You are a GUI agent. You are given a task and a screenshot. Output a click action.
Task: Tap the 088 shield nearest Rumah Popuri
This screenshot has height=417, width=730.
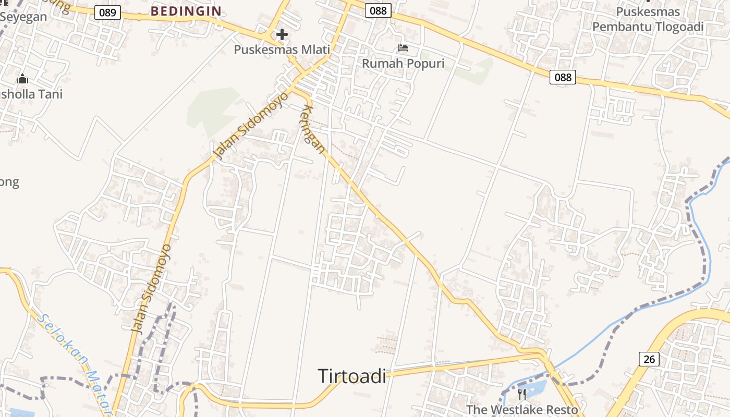378,10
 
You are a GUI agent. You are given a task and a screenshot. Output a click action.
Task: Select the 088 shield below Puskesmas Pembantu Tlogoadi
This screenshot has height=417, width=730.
563,78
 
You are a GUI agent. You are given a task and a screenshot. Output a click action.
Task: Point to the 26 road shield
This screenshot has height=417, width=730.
649,359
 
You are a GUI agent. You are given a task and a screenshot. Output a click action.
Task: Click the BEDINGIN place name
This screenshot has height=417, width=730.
186,11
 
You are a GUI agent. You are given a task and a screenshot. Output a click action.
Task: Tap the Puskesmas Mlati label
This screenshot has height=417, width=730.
282,50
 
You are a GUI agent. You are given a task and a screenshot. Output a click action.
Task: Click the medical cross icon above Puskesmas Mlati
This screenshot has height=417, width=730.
282,35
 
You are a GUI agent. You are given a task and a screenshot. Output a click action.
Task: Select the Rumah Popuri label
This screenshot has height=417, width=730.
403,64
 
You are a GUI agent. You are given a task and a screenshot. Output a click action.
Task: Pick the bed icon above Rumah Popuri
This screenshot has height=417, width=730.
403,48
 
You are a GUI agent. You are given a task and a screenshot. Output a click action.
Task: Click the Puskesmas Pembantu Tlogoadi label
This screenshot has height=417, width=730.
648,19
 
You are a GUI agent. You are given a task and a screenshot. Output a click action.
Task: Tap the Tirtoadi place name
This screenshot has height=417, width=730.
352,376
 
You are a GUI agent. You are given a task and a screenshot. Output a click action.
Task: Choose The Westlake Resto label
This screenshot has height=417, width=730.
522,409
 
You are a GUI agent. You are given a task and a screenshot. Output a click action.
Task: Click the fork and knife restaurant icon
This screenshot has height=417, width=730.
522,395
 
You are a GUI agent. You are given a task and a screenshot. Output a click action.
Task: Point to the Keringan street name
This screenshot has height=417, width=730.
314,129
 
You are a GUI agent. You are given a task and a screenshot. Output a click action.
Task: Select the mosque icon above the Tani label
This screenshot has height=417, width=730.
22,79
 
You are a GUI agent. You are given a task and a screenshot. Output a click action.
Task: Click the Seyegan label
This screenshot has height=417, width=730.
23,17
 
